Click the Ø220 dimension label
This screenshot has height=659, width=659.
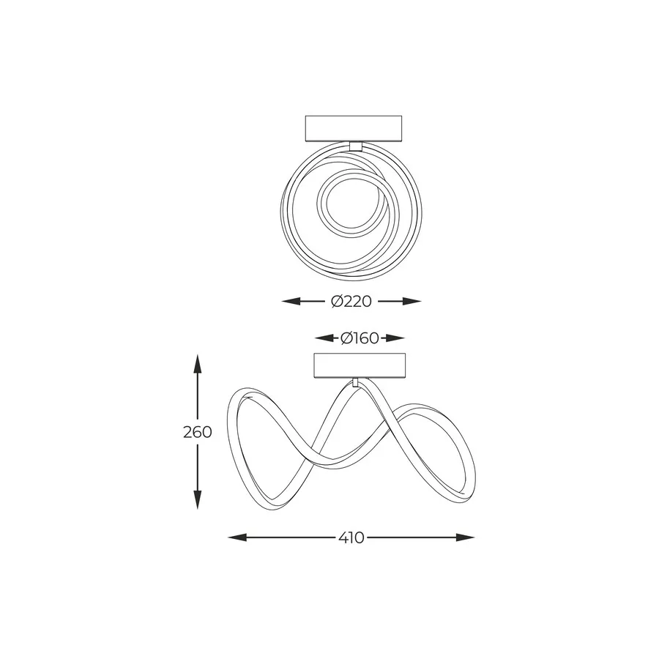click(x=351, y=302)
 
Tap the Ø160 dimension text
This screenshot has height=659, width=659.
click(x=360, y=338)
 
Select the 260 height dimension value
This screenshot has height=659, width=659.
click(x=198, y=432)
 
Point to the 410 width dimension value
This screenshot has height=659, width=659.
click(x=351, y=537)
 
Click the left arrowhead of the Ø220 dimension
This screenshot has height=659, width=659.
click(x=291, y=301)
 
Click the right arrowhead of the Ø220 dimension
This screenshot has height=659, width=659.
click(x=412, y=301)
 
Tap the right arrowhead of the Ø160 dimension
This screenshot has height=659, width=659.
click(x=395, y=338)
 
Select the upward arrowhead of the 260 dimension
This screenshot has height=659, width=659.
click(x=197, y=364)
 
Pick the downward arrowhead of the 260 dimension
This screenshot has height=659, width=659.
click(x=197, y=499)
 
